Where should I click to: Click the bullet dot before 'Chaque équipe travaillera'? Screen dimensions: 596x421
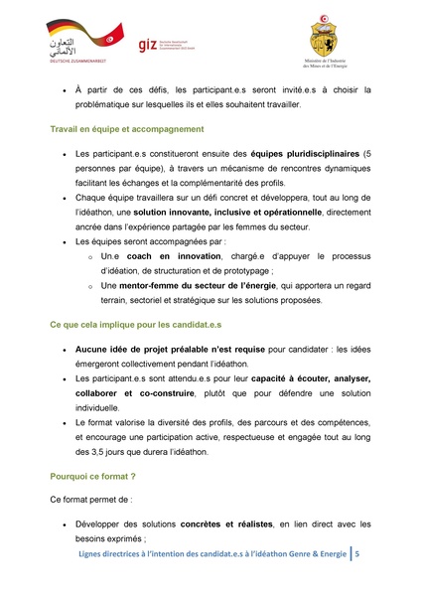(66, 198)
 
